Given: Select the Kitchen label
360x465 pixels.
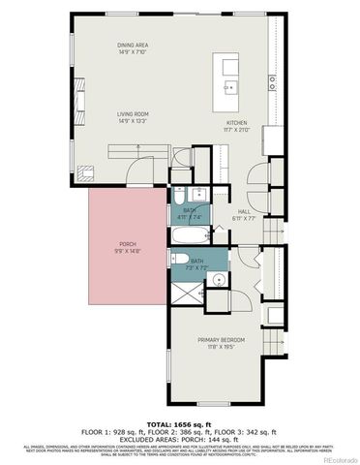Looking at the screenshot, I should [236, 123].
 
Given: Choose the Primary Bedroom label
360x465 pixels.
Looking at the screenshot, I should [221, 340].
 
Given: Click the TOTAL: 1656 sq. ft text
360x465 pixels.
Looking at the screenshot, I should [179, 425].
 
